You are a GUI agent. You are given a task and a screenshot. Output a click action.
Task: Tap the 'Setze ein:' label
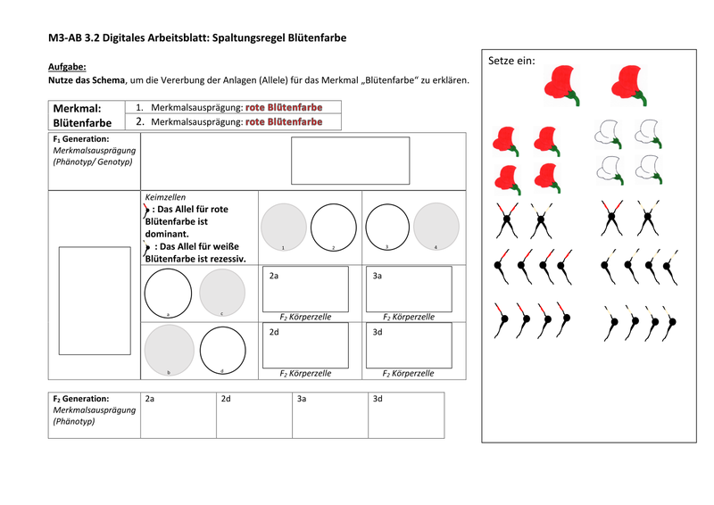coord(512,61)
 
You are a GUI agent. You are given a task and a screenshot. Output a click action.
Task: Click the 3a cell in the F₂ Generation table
coord(330,414)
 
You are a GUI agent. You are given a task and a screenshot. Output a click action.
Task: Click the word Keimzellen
coord(164,196)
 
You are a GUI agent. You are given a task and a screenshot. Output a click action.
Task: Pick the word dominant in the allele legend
coord(166,234)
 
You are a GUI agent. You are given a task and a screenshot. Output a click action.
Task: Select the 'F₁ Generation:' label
coord(81,140)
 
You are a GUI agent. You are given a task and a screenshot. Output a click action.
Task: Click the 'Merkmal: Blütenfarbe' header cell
coord(86,115)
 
